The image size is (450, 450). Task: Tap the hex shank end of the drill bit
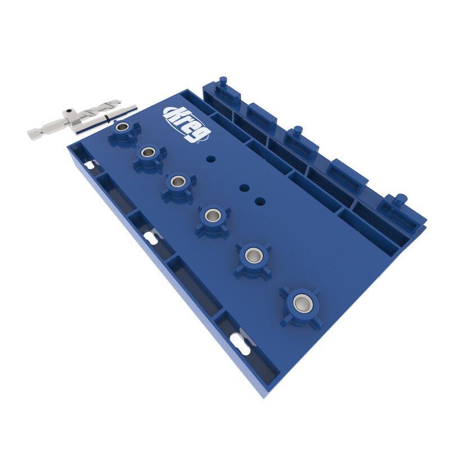[38, 133]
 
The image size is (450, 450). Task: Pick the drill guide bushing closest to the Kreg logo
[122, 128]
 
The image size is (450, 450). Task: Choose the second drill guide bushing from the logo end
[149, 152]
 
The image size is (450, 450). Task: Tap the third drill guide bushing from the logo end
[178, 181]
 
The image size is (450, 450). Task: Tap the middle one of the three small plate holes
[244, 188]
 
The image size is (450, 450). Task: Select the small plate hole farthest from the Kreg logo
[260, 200]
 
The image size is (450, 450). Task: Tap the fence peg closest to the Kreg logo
[223, 82]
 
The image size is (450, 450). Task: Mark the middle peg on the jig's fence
[296, 132]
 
